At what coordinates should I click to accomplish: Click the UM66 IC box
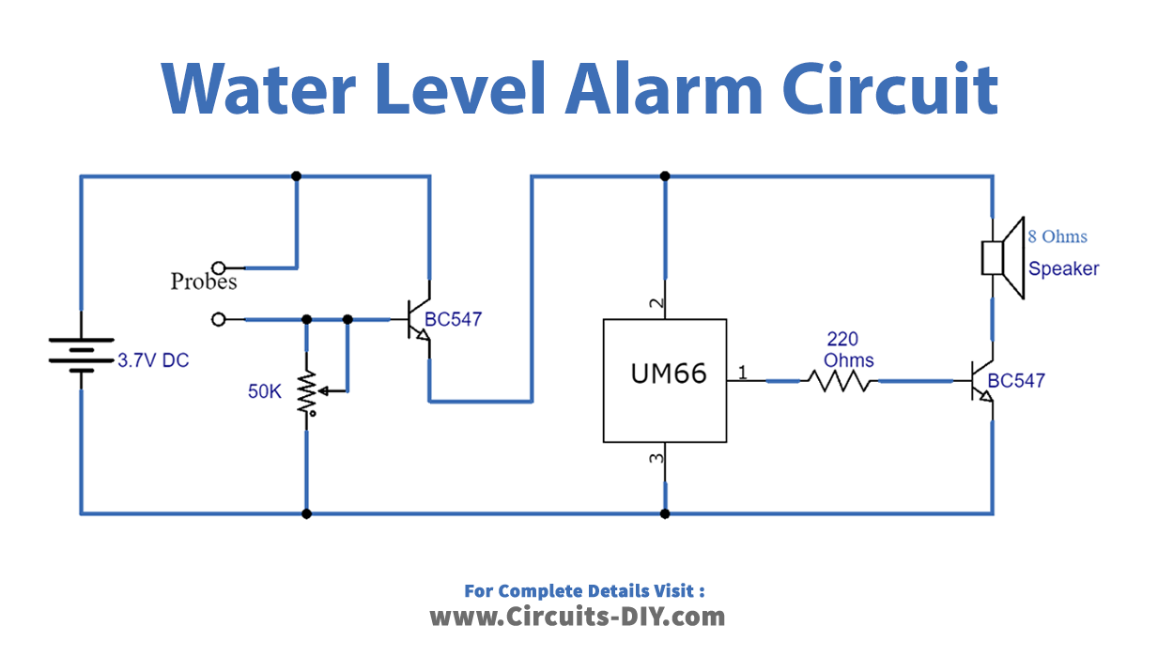(x=664, y=380)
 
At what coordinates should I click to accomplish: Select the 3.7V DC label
(x=153, y=359)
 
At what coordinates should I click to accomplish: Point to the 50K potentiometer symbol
(x=307, y=392)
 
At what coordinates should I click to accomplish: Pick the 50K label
(x=264, y=391)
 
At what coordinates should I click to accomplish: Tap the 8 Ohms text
(x=1057, y=236)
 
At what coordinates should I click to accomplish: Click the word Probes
(x=203, y=281)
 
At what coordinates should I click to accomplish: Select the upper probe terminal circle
(x=219, y=267)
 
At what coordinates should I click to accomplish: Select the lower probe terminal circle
(x=219, y=320)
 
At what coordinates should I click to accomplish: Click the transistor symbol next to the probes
(x=417, y=320)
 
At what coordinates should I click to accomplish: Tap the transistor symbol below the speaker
(x=980, y=381)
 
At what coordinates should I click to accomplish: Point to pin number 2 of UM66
(x=657, y=304)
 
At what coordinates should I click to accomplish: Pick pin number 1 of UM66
(x=742, y=374)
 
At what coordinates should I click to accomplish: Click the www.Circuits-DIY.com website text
(x=578, y=617)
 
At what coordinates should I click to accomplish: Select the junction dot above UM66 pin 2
(x=665, y=175)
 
